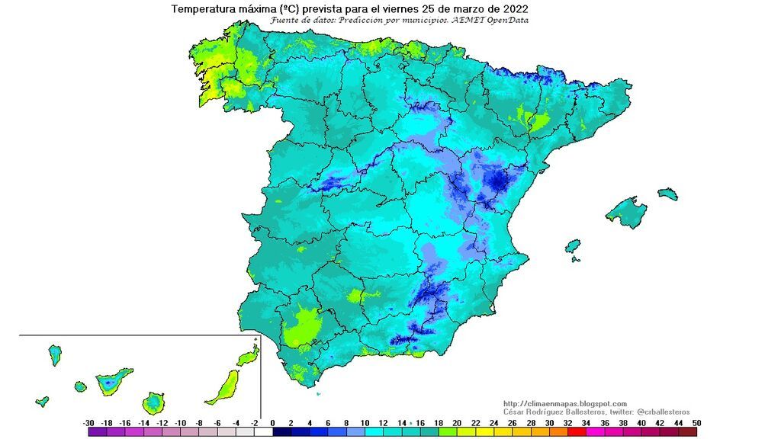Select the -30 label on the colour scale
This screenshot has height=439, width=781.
(88, 422)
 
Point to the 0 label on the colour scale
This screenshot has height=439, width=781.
(272, 422)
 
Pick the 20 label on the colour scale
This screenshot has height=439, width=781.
(455, 422)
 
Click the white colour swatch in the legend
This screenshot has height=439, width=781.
(262, 431)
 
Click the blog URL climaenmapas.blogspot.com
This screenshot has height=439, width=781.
(564, 403)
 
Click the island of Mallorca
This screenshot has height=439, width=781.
(628, 211)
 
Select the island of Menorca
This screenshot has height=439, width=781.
(668, 194)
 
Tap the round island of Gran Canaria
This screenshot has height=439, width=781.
(155, 401)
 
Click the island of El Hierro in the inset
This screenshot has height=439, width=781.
(43, 401)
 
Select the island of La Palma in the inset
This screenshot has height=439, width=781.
(55, 354)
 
